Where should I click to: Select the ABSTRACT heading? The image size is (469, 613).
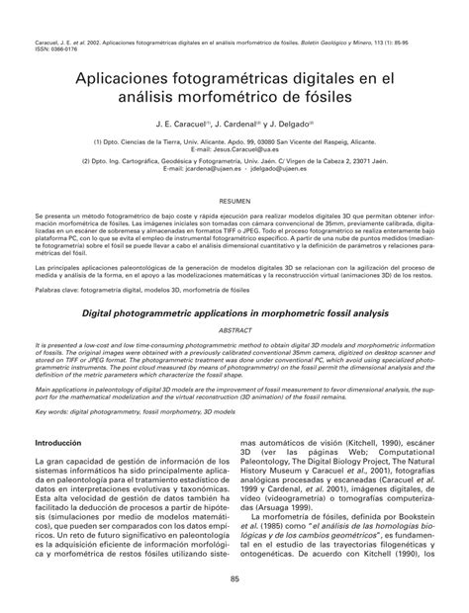point(234,330)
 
